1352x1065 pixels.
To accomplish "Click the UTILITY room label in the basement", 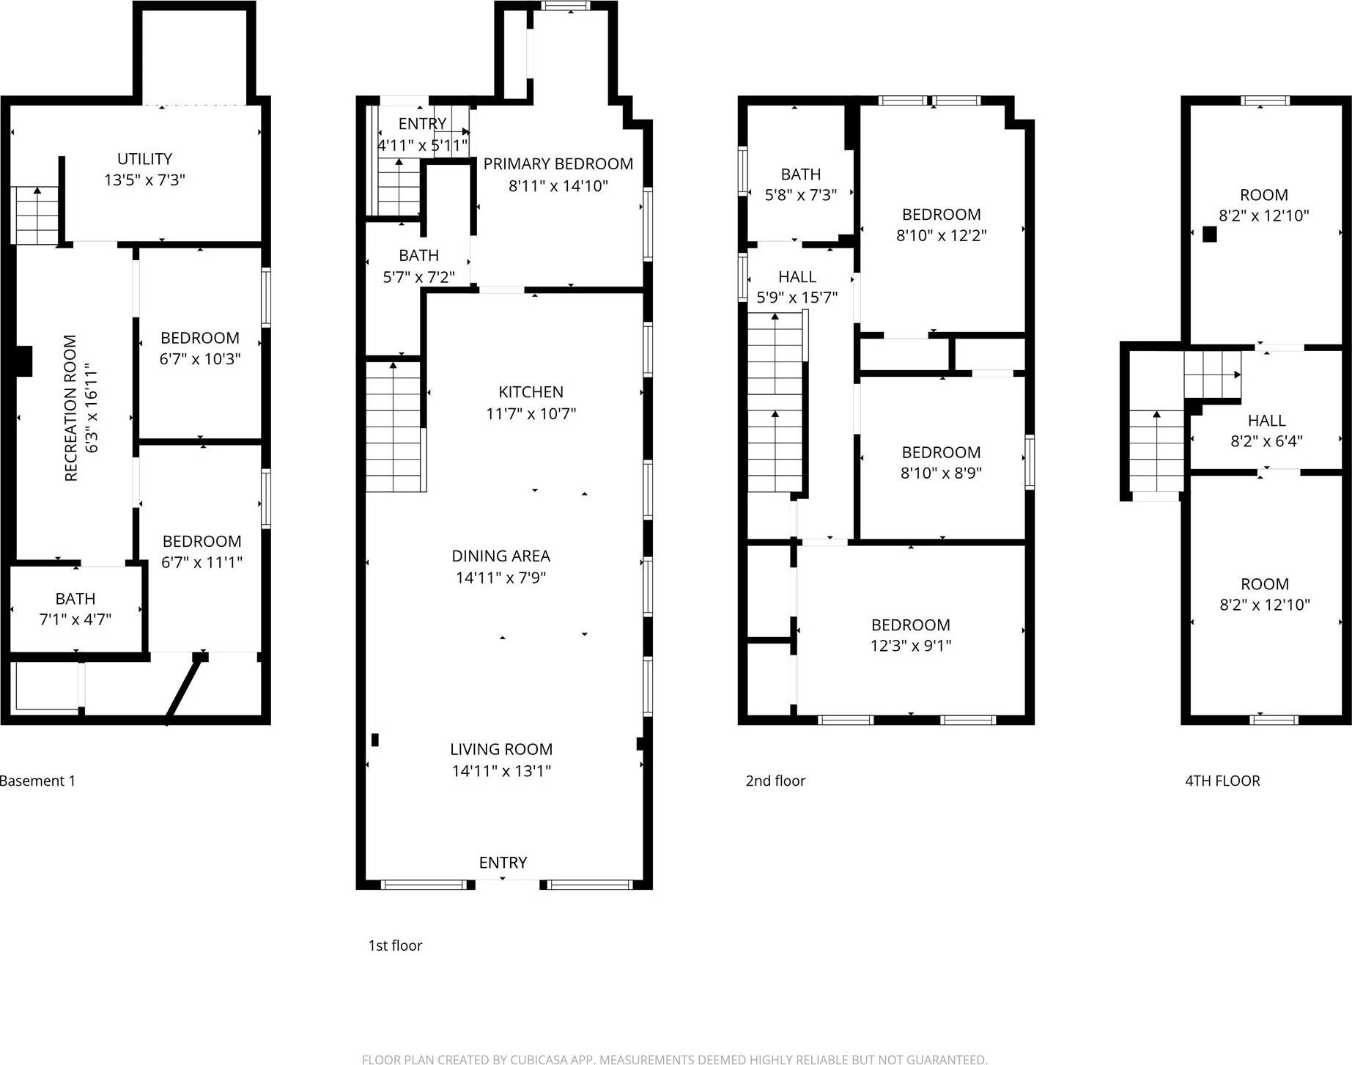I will (145, 159).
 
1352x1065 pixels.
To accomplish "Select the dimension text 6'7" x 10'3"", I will (200, 359).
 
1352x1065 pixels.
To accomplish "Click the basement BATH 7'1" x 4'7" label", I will (75, 609).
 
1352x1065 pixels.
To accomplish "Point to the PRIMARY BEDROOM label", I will (558, 164).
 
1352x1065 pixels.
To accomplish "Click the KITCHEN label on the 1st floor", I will (531, 392).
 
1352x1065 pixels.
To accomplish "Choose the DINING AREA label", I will (500, 556).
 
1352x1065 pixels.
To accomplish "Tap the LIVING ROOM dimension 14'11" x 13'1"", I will (501, 771).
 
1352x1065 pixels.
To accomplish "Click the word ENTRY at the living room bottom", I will (503, 863).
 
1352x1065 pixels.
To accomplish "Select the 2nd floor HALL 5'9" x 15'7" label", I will (797, 287).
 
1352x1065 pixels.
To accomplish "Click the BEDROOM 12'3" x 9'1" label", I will (910, 635).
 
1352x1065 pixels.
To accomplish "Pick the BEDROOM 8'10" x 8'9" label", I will (941, 463).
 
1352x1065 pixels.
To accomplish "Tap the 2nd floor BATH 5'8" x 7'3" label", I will (800, 185).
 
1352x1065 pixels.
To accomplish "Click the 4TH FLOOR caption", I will (1222, 781).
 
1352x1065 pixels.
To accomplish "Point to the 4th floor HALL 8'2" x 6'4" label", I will (1266, 431).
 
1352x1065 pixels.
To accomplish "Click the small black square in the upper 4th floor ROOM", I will (1209, 235).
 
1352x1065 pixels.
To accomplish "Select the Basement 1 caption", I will (37, 781).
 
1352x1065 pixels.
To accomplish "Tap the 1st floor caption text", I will (395, 946).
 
